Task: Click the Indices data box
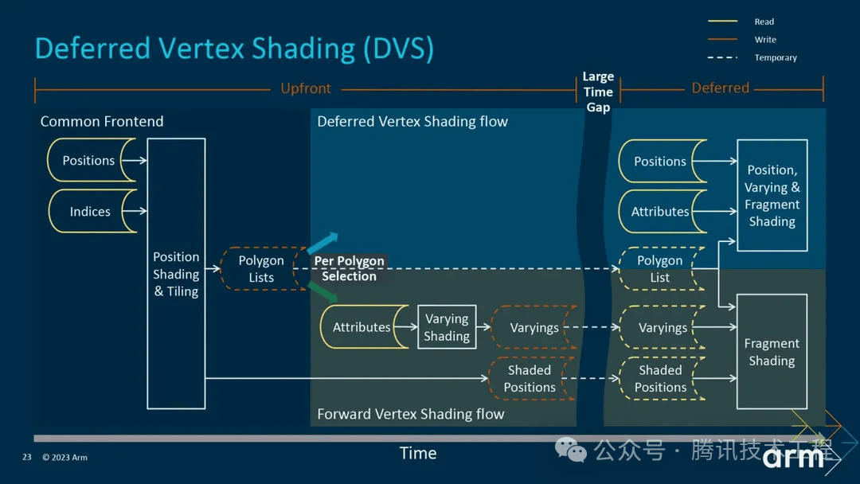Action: tap(91, 211)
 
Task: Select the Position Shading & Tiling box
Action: tap(176, 274)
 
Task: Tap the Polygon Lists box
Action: tap(262, 268)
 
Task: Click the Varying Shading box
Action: tap(447, 326)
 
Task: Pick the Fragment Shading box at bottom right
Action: tap(772, 351)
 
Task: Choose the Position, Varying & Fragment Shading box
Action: tap(772, 195)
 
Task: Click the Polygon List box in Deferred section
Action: tap(661, 268)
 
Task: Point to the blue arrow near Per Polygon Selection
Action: tap(322, 242)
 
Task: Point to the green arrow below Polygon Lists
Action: tap(322, 292)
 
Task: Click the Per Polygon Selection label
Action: tap(349, 268)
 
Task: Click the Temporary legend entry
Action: tap(752, 57)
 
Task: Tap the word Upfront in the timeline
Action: tap(306, 88)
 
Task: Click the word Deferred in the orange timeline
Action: tap(720, 88)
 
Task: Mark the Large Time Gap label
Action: tap(598, 92)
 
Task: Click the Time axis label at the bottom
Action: tap(418, 453)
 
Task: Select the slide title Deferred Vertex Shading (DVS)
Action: tap(234, 49)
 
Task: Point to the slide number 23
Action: tap(27, 457)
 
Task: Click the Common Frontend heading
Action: tap(102, 121)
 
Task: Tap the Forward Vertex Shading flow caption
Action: tap(410, 414)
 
